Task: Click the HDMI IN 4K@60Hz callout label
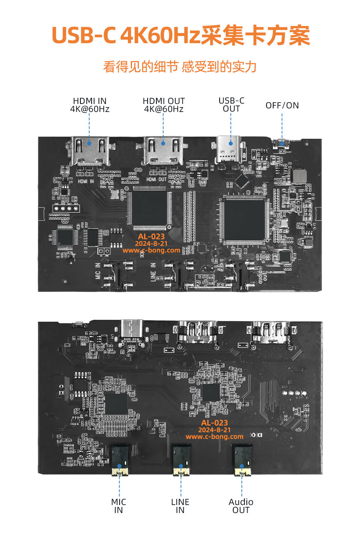90,105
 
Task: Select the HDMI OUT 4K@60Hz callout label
164,105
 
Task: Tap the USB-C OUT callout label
231,105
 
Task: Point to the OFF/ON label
282,106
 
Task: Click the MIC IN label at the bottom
118,506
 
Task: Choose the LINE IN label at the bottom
180,506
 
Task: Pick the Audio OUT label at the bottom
241,506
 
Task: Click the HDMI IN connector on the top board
90,151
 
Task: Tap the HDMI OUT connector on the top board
163,151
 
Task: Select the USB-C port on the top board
231,148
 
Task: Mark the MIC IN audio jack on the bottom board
120,460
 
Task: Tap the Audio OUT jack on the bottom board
242,460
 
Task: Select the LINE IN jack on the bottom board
181,460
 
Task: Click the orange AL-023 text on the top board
151,236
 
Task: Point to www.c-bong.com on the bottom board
214,437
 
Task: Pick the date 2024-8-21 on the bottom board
214,430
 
